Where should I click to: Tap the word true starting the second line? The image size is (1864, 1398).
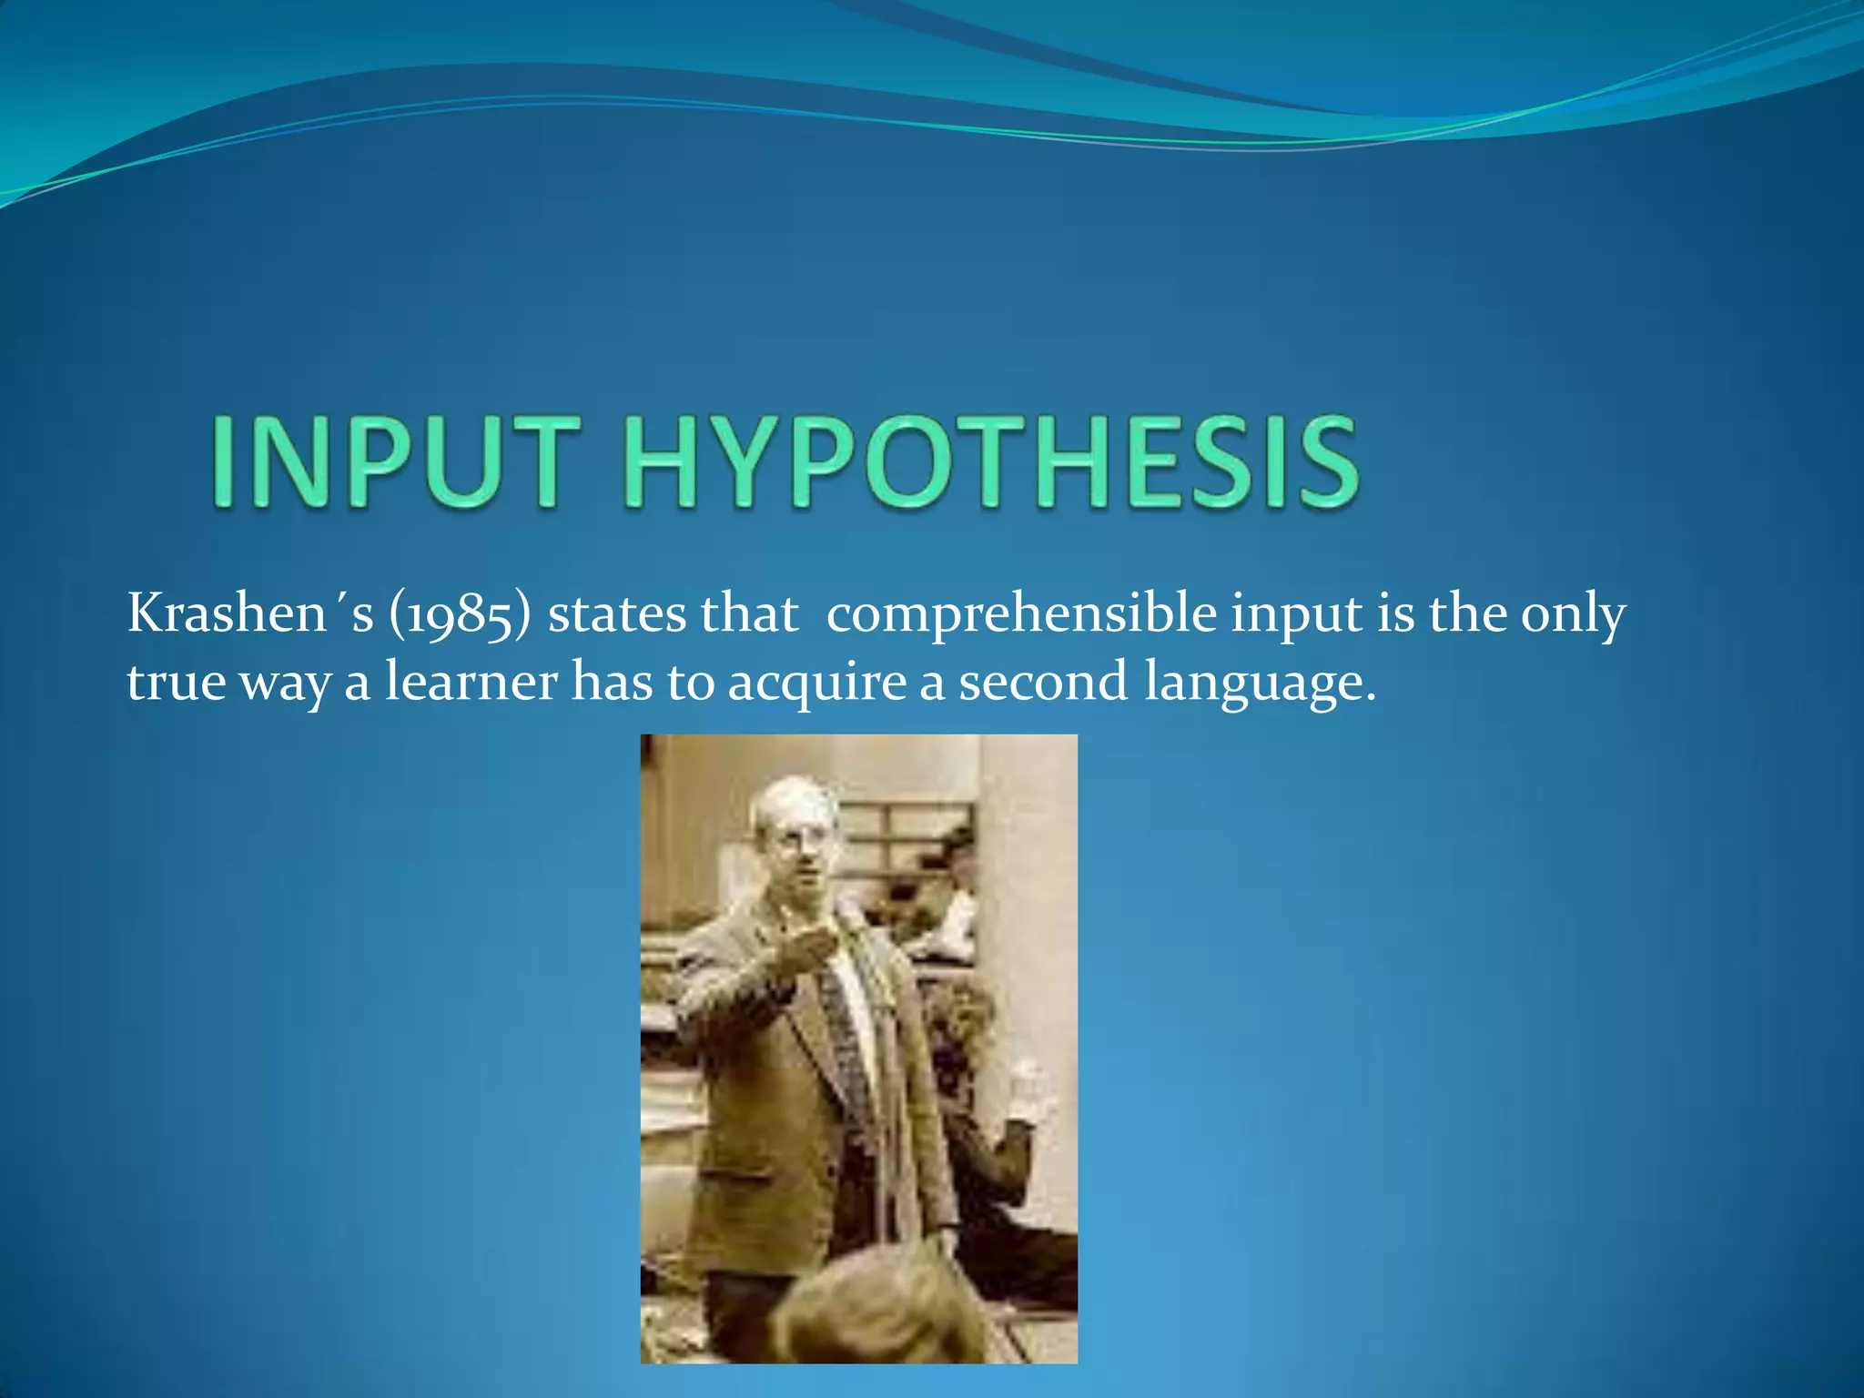[x=175, y=683]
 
